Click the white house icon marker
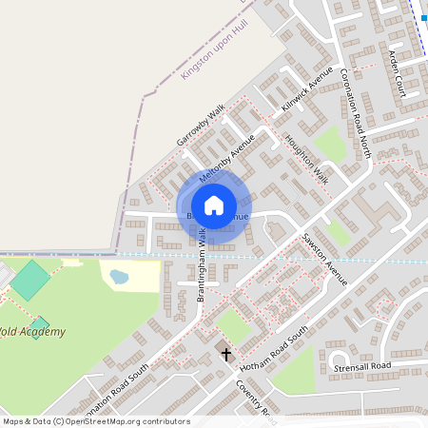coord(214,204)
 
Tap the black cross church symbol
coord(226,355)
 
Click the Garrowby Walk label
coord(200,126)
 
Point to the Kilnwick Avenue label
coord(307,91)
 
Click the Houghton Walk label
coord(306,158)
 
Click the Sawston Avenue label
coord(326,259)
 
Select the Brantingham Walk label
coord(202,272)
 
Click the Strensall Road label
coord(362,366)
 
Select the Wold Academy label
coord(33,332)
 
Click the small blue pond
coord(119,277)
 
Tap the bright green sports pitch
coord(31,281)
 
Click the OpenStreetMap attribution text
coord(96,421)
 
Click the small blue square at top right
coord(423,17)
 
